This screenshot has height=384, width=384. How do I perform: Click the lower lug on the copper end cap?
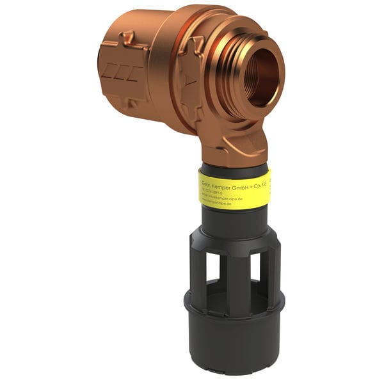[131, 102]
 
